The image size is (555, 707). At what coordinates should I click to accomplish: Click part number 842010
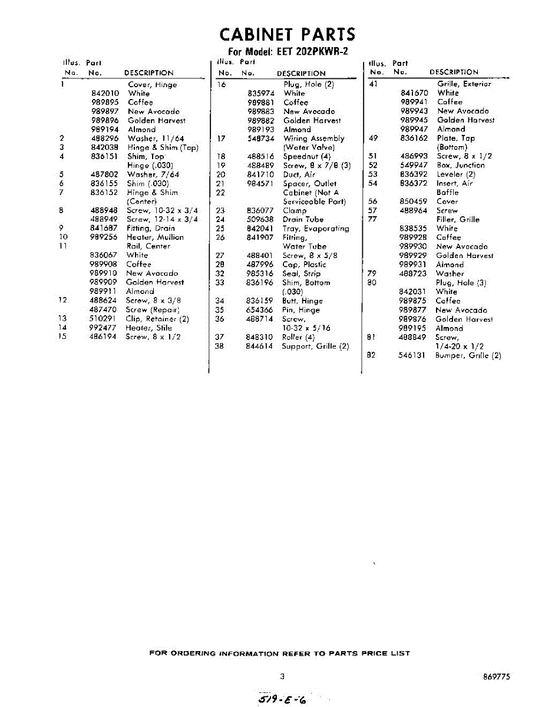point(105,93)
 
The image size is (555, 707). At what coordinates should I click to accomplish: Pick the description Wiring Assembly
point(313,138)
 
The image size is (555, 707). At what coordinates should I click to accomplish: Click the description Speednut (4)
point(306,156)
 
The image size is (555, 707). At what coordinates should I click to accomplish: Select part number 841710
point(260,174)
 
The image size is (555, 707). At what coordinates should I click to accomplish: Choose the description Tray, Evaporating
point(315,228)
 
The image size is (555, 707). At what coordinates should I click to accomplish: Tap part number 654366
point(259,309)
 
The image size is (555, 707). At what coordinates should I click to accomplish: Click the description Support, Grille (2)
point(315,346)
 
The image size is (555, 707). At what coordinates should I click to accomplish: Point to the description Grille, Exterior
point(464,84)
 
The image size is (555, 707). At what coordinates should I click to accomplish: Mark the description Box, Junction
point(460,165)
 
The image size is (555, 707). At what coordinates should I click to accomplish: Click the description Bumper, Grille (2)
point(468,355)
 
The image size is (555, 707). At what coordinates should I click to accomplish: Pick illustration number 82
point(371,355)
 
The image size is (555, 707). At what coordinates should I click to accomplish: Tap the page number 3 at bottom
point(282,676)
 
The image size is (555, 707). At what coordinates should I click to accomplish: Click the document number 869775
point(496,676)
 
